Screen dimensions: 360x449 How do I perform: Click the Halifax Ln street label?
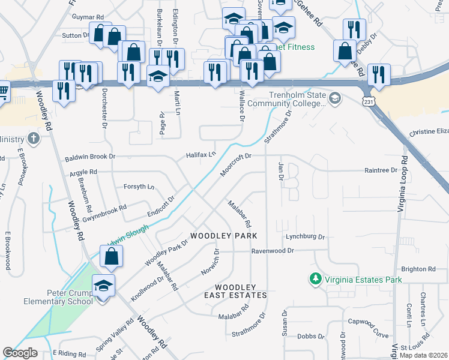200,154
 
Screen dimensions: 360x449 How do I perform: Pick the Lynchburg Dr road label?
305,237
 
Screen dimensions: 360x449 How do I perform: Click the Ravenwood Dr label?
274,251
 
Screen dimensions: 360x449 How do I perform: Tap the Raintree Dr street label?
381,170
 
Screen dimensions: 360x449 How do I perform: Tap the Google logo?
20,353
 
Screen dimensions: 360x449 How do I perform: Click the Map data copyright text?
423,355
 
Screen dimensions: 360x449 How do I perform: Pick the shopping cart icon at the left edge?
3,92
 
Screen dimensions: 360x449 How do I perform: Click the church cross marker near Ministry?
34,139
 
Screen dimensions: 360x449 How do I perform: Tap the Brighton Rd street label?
418,269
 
